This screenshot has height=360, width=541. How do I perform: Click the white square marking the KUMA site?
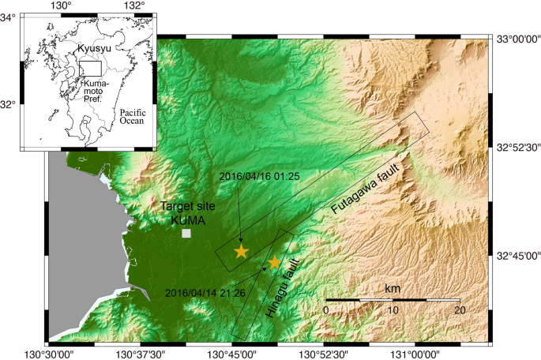(x=186, y=234)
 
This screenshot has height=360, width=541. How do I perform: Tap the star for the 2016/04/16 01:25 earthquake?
(x=241, y=252)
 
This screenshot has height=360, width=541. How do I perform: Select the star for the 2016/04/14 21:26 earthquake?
(x=275, y=262)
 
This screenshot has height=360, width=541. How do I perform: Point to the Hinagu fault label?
(x=283, y=288)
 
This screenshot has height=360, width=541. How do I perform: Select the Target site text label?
(x=188, y=206)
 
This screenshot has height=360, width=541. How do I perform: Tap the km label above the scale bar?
(x=392, y=290)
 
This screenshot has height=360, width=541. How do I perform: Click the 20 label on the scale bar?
(x=460, y=310)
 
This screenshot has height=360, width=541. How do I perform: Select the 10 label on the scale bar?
(x=393, y=310)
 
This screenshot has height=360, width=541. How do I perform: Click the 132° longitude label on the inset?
(x=135, y=6)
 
